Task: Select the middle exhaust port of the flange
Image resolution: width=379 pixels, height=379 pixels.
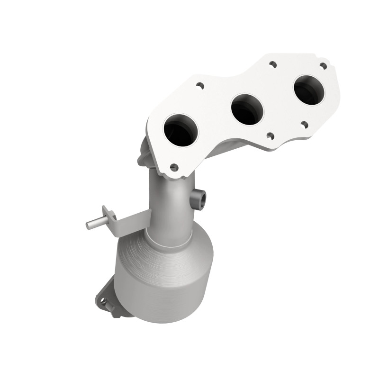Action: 247,109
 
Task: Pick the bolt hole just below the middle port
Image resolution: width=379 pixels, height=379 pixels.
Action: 270,135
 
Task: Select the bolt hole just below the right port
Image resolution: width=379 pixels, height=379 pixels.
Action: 304,125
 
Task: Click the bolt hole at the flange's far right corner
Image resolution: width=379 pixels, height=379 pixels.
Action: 323,65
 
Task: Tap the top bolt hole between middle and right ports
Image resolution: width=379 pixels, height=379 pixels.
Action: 272,63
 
